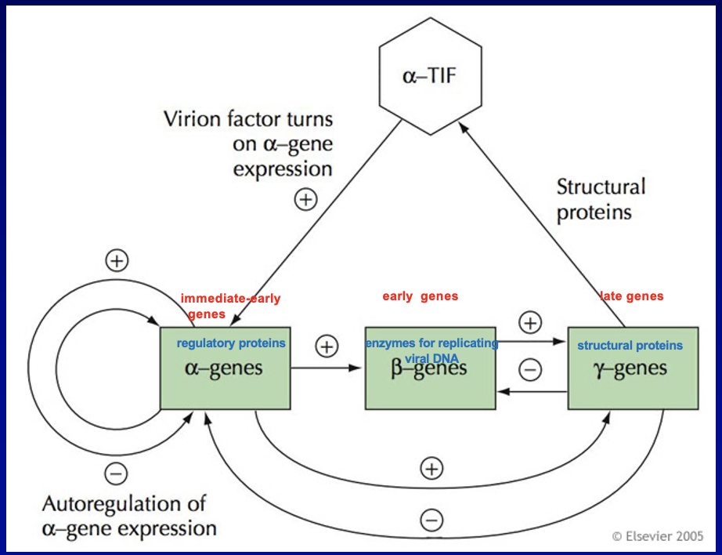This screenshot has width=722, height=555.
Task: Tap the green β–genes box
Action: pyautogui.click(x=430, y=380)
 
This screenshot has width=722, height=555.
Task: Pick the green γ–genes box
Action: pyautogui.click(x=632, y=380)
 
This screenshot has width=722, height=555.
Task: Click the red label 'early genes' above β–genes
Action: pyautogui.click(x=420, y=296)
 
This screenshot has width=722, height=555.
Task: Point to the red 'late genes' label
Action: pyautogui.click(x=632, y=296)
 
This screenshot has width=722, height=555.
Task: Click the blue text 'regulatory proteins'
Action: pyautogui.click(x=231, y=343)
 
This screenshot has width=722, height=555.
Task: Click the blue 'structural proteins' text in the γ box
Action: pyautogui.click(x=630, y=346)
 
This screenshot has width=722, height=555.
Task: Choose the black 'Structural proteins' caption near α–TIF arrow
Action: pyautogui.click(x=601, y=200)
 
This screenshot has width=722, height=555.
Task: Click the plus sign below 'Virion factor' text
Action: pyautogui.click(x=305, y=200)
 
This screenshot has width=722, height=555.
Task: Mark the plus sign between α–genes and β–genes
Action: pyautogui.click(x=326, y=346)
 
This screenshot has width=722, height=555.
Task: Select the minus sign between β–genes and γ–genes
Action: pyautogui.click(x=530, y=370)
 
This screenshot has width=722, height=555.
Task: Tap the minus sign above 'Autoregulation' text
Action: pyautogui.click(x=115, y=473)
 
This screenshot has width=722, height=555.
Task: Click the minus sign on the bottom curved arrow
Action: pyautogui.click(x=431, y=520)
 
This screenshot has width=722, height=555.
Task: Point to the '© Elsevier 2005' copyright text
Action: pyautogui.click(x=657, y=536)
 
